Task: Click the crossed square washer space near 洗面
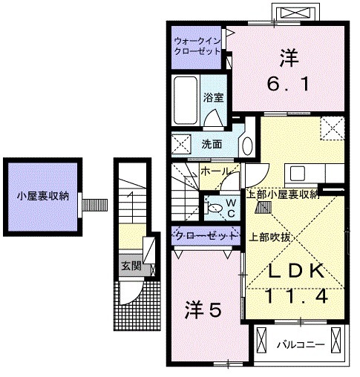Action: [180, 143]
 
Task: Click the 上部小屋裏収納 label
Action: [283, 194]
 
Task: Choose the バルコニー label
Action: [300, 344]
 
